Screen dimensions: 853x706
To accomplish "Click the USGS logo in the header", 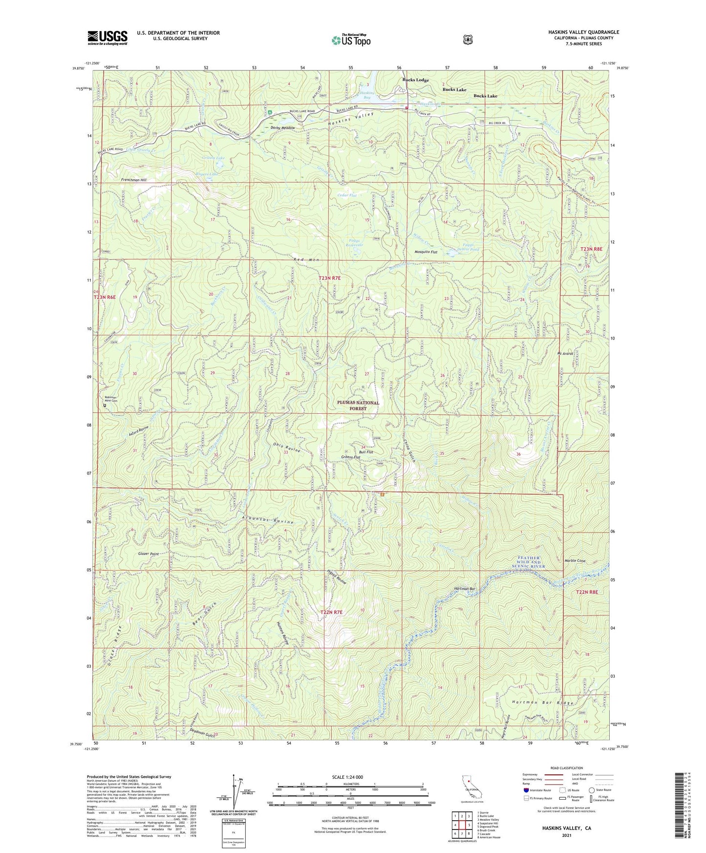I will coord(107,38).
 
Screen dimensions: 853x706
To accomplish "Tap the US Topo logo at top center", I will coord(350,40).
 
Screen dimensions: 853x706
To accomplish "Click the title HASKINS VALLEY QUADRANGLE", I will coord(583,32).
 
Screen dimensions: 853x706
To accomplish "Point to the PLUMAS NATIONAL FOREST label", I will coord(358,405).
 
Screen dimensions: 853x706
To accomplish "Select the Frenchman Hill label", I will coord(134,180).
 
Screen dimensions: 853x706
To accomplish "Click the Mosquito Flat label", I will coord(426,252).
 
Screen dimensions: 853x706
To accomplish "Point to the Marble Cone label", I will coord(575,561).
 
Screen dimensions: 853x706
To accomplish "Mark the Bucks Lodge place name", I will coord(415,80).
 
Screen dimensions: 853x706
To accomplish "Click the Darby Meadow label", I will coord(283,128).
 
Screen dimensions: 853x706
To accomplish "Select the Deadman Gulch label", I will coord(202,732).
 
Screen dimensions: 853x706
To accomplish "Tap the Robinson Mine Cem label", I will coord(110,399).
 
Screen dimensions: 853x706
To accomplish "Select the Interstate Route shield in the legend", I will coord(526,790).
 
